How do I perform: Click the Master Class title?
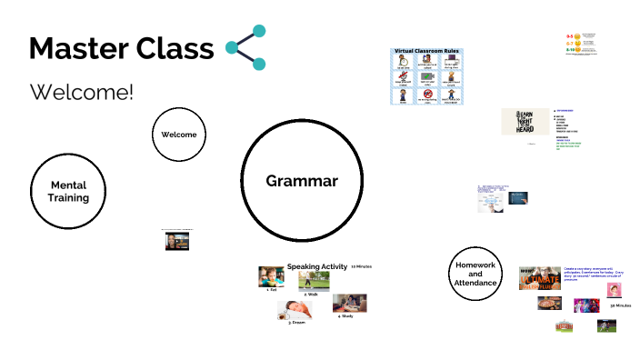pos(121,49)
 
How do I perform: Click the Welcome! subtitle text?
pos(82,92)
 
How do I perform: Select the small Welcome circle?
pos(178,135)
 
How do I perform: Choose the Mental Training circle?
pos(69,192)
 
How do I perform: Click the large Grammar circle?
pos(301,181)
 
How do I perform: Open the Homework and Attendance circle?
pos(475,273)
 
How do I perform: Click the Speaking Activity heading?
pos(317,266)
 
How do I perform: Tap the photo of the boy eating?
pos(271,276)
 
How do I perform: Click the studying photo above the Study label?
pos(349,303)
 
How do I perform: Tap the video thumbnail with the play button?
pos(175,240)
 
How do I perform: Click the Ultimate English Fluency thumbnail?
pos(539,276)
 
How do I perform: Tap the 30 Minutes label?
pos(620,306)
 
